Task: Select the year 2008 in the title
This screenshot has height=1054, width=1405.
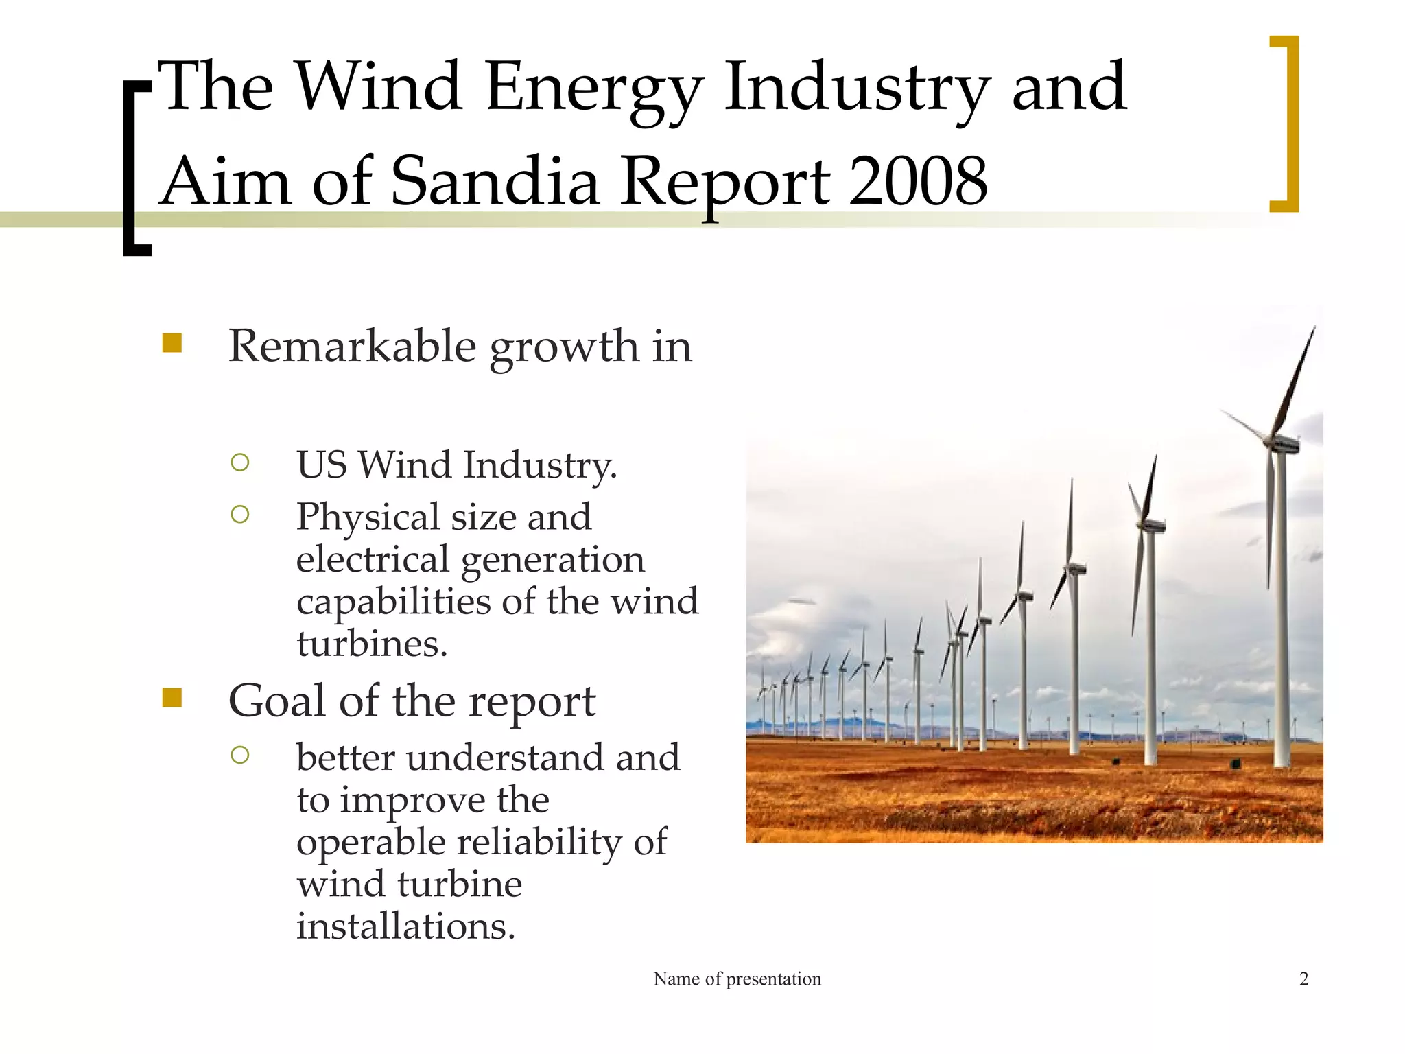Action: (x=918, y=181)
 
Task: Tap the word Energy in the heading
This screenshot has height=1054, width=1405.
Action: (x=594, y=88)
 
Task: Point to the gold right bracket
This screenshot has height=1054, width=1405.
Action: (x=1288, y=124)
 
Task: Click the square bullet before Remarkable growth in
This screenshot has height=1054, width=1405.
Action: (x=172, y=343)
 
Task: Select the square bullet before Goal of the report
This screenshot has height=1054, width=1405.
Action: (x=172, y=698)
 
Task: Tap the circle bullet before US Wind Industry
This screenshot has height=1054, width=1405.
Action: (x=240, y=462)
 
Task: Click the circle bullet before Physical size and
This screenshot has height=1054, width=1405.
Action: (x=240, y=514)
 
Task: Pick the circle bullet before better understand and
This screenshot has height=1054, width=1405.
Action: (x=240, y=756)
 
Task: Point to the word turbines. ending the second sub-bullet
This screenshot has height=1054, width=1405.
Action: (x=372, y=644)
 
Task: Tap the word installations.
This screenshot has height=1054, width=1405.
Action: (x=405, y=926)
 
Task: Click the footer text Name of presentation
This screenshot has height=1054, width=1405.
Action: (x=737, y=979)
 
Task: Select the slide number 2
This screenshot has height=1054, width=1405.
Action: (x=1303, y=979)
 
